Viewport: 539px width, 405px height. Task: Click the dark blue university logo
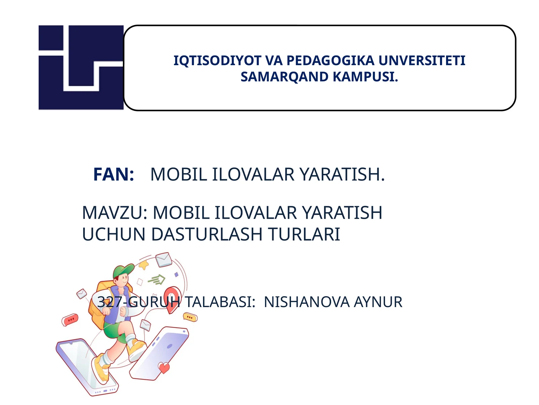point(81,67)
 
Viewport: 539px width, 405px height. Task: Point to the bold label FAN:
point(114,174)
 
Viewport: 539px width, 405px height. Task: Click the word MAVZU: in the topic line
point(115,213)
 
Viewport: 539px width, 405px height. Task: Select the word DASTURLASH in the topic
point(207,235)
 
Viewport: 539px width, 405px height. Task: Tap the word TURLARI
point(304,235)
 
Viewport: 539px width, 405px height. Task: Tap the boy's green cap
point(123,270)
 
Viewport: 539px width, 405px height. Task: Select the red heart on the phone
point(164,367)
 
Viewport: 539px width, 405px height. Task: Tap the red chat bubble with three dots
point(70,319)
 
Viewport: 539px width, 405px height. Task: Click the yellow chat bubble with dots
point(190,317)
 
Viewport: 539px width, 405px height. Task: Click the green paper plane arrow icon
point(157,279)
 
